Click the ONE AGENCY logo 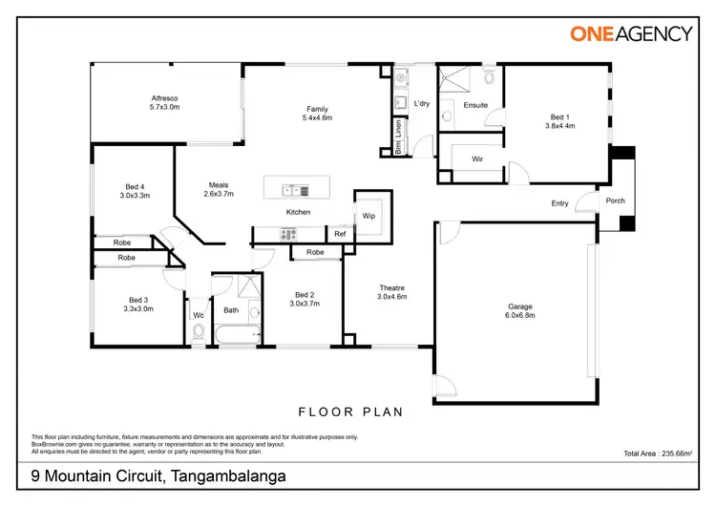pyautogui.click(x=631, y=33)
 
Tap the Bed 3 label pyautogui.click(x=138, y=304)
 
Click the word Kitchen pyautogui.click(x=298, y=212)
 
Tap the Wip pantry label pyautogui.click(x=369, y=216)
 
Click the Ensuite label pyautogui.click(x=475, y=105)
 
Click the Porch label pyautogui.click(x=616, y=200)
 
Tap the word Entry pyautogui.click(x=559, y=203)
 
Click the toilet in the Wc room pyautogui.click(x=198, y=332)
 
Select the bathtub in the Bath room pyautogui.click(x=238, y=334)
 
